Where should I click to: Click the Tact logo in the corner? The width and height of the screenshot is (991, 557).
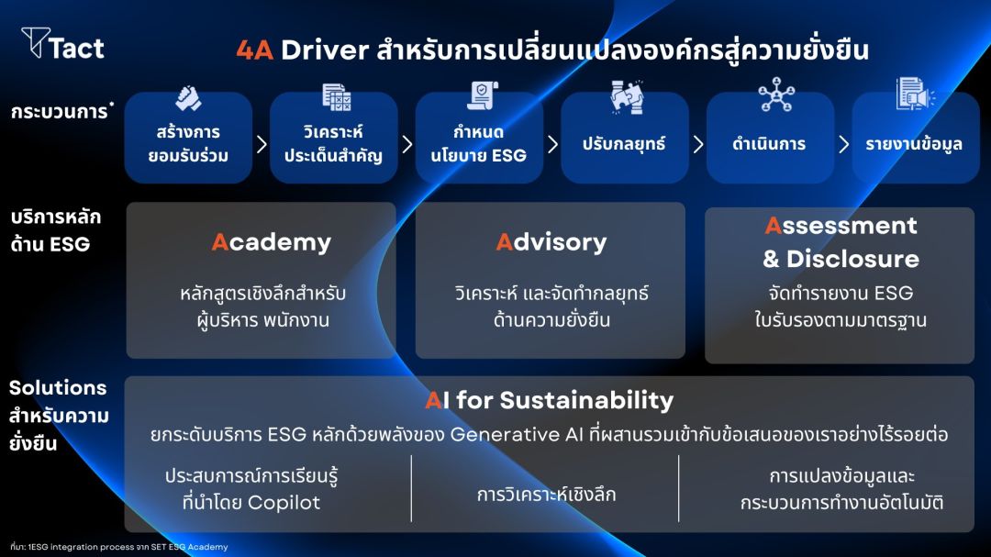coord(62,44)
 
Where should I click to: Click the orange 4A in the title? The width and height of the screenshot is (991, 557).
coord(255,50)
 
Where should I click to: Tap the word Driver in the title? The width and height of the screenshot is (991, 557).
coord(325,50)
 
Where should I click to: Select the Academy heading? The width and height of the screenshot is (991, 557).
coord(271,242)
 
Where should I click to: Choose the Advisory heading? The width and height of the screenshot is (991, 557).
coord(551,242)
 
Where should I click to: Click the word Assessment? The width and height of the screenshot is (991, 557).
coord(841,226)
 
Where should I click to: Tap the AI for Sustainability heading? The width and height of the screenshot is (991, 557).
coord(550,400)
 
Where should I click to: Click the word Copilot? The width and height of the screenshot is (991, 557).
coord(284,503)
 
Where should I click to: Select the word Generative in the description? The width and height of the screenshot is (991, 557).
coord(505,434)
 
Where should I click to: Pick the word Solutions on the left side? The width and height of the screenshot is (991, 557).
coord(58,387)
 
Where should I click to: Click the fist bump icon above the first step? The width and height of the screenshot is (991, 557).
coord(188,98)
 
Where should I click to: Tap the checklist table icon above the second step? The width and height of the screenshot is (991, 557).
coord(336,97)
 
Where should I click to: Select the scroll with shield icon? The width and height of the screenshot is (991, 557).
coord(483,95)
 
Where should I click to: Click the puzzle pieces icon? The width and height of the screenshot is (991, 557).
coord(627,96)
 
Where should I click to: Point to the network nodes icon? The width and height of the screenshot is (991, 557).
coord(776,95)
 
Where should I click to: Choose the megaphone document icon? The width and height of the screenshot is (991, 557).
coord(915,94)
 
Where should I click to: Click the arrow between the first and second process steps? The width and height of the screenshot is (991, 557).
coord(262,145)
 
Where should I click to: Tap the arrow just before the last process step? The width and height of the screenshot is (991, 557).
coord(844,145)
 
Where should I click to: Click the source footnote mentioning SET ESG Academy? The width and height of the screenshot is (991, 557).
coord(118,547)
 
